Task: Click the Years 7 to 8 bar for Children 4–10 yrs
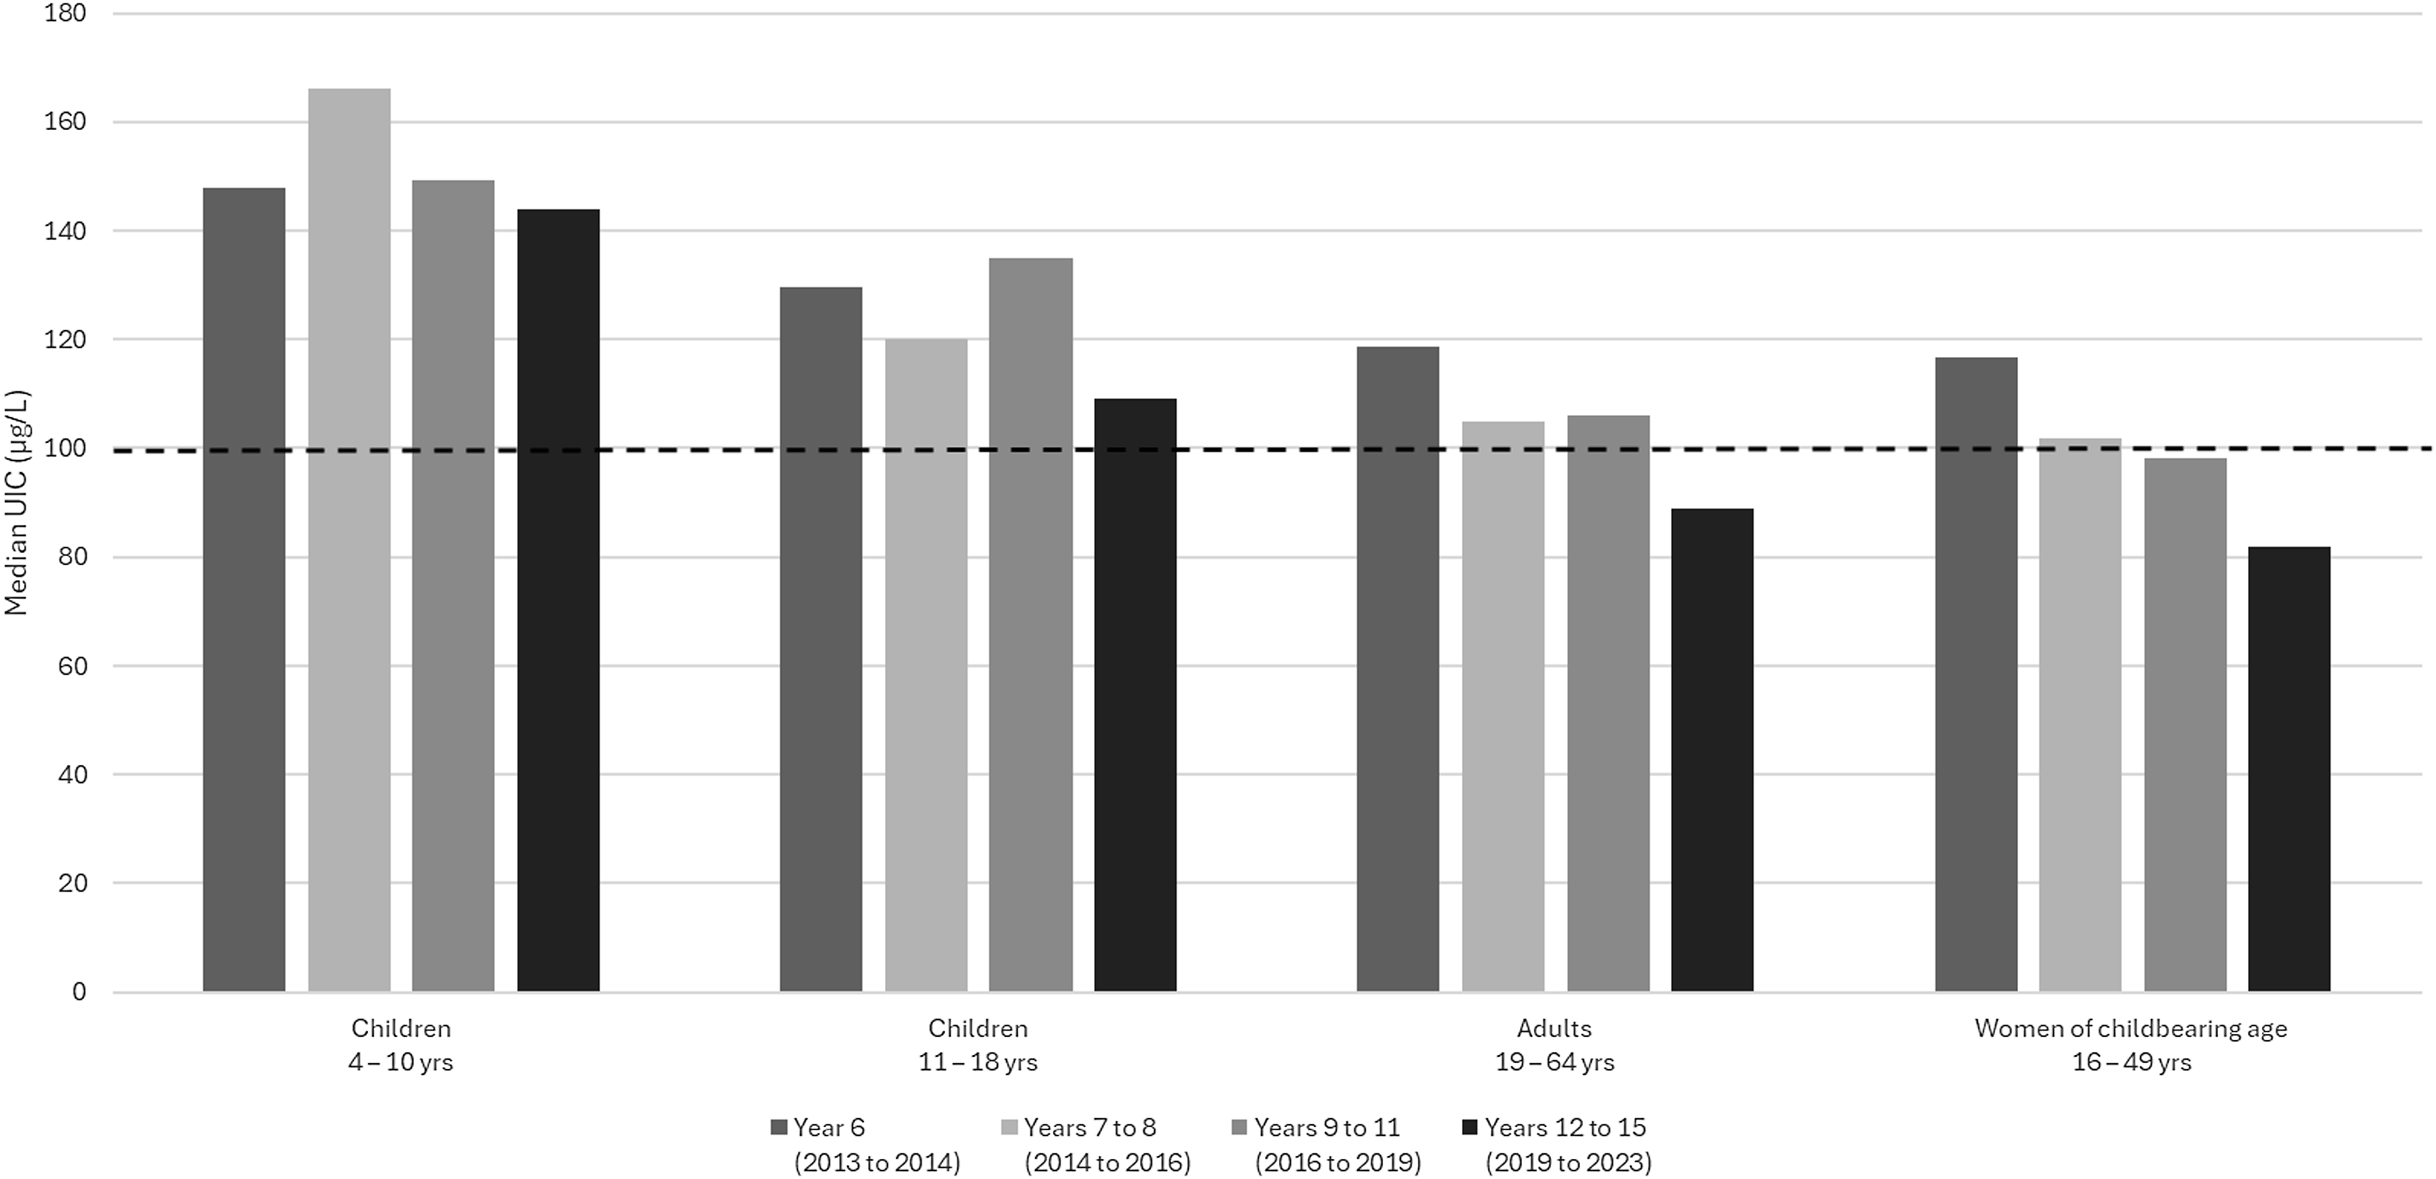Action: coord(349,540)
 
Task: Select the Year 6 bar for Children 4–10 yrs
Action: coord(244,589)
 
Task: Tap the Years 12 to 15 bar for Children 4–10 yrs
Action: coord(558,600)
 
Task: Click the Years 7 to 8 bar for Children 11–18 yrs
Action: coord(926,665)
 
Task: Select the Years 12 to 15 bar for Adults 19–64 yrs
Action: coord(1712,750)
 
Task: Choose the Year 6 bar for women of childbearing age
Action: coord(1976,674)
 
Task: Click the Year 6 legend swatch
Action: coord(779,1128)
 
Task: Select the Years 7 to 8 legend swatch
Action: coord(1010,1128)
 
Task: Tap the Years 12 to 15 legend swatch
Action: coord(1469,1128)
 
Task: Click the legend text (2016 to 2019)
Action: coord(1338,1162)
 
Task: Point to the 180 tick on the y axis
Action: coord(60,13)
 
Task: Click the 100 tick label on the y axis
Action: coord(60,448)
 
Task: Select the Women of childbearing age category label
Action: coord(2130,1029)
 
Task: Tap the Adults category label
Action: coord(1555,1028)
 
